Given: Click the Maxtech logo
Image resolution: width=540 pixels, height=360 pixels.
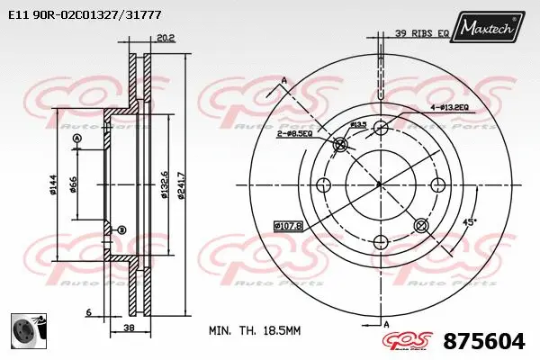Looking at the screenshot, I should (489, 28).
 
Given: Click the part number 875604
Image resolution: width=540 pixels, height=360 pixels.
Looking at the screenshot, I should (483, 341).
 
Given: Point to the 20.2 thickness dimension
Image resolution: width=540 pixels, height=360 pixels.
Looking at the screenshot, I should (166, 39).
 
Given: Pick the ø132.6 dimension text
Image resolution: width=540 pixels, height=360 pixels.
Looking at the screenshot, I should (164, 184).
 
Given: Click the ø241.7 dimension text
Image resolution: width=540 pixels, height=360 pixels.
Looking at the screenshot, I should (182, 184).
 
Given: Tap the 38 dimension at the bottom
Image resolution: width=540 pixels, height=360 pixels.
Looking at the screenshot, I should (130, 329).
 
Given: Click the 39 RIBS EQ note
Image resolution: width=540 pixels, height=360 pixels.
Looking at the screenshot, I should (422, 33).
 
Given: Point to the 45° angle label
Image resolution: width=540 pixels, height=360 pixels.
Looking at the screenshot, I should (468, 220).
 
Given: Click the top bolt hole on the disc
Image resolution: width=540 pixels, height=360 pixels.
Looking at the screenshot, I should (380, 128).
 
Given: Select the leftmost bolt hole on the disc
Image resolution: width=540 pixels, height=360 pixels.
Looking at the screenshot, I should (323, 184).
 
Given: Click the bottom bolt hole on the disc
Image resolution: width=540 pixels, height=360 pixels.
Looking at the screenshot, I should (380, 241).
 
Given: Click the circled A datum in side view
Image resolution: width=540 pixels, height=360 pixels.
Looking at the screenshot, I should (76, 138).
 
